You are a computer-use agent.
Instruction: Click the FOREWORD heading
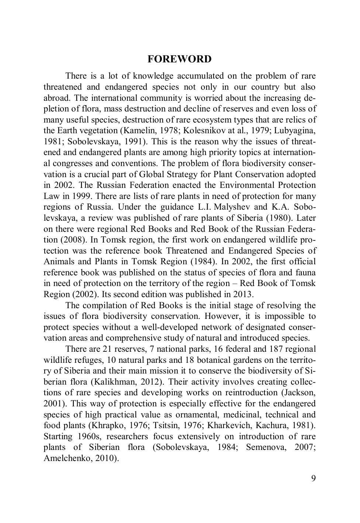180,59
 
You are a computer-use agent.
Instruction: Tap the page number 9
313,478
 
